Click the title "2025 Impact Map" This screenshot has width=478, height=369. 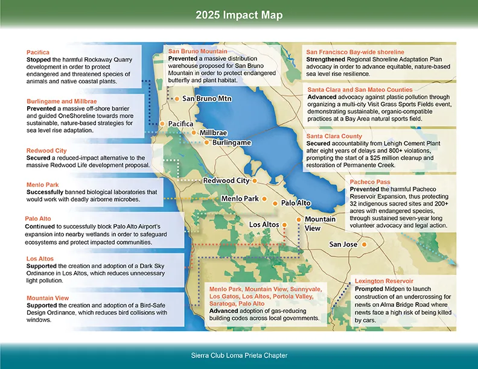click(x=238, y=14)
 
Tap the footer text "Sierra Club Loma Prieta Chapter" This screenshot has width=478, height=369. click(x=238, y=355)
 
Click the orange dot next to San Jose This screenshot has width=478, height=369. click(x=365, y=244)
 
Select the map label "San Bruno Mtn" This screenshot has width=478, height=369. click(x=207, y=98)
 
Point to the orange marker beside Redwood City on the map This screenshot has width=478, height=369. click(x=255, y=180)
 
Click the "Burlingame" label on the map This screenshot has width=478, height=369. click(x=231, y=143)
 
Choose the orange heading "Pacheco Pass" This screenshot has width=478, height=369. click(x=370, y=181)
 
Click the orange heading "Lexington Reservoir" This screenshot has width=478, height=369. click(x=384, y=281)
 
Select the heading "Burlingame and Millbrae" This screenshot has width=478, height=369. click(x=62, y=101)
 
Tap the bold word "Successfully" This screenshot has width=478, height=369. click(x=47, y=192)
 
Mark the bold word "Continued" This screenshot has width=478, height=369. click(x=42, y=226)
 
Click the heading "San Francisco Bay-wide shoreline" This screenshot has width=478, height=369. click(x=355, y=52)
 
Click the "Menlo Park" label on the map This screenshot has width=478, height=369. click(x=240, y=198)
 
